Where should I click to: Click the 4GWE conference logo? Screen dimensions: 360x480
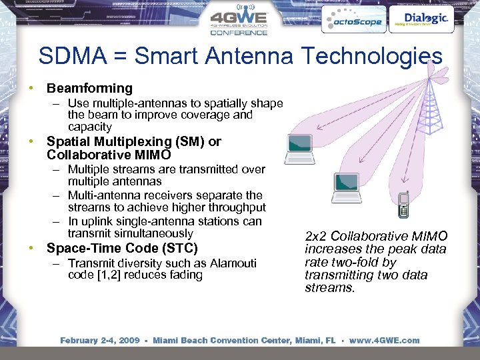pos(239,21)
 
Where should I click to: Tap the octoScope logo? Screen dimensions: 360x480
pos(352,21)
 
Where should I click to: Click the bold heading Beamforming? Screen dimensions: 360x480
pos(89,88)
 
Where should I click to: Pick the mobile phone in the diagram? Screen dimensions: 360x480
pos(403,205)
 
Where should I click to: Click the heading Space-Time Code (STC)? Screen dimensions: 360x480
pos(122,249)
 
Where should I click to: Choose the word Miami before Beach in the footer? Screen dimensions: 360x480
pos(167,340)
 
